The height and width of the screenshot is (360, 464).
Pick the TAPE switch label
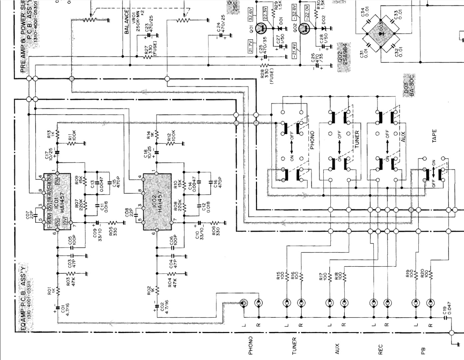(434, 136)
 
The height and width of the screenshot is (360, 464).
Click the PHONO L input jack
(244, 303)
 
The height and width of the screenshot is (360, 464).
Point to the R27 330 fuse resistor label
(151, 51)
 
